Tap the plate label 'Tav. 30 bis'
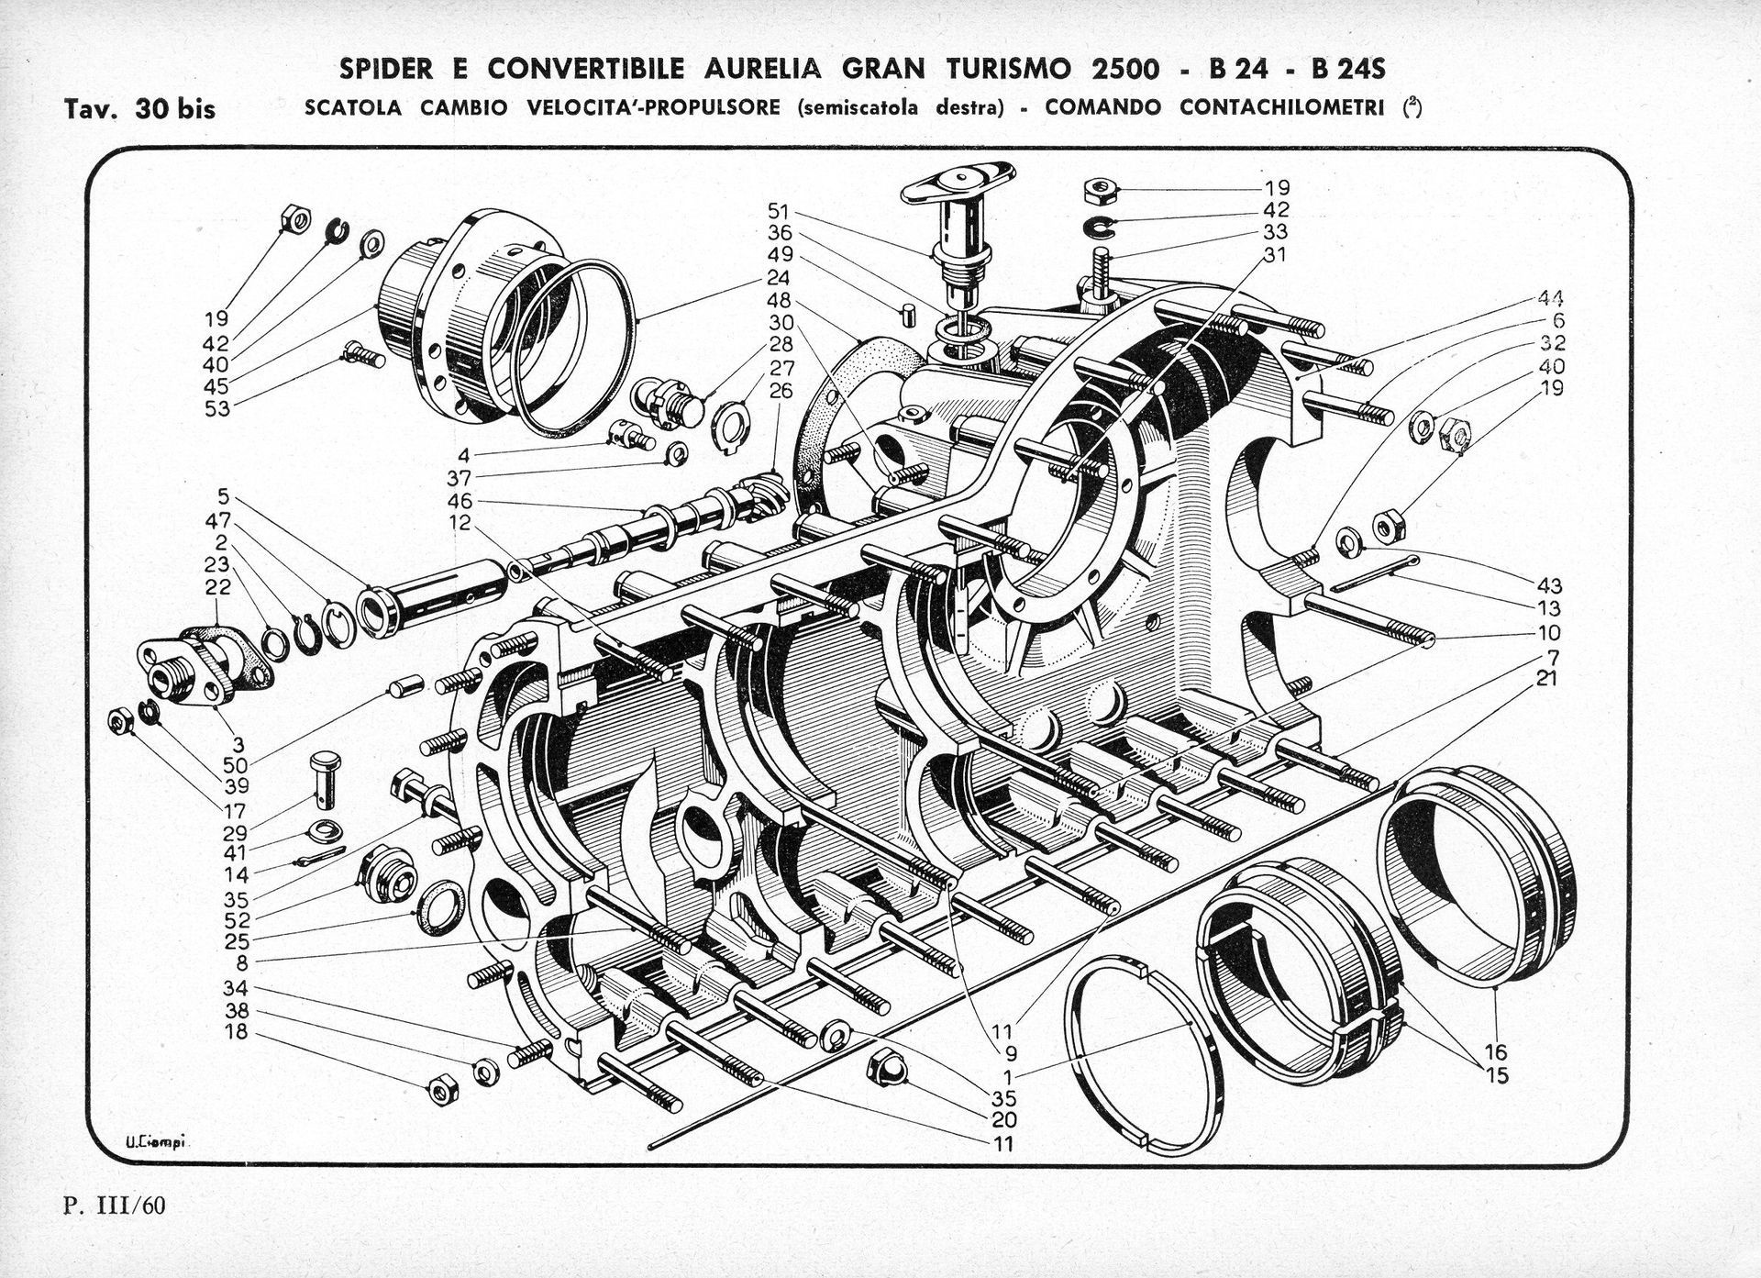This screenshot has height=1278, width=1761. click(140, 109)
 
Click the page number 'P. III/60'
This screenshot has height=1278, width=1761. click(115, 1205)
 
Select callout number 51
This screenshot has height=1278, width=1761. click(780, 211)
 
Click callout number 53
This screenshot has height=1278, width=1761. click(217, 408)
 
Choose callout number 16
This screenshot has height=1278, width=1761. click(1496, 1053)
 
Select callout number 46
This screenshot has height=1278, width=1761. click(460, 502)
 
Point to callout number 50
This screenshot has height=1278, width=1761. click(236, 764)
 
